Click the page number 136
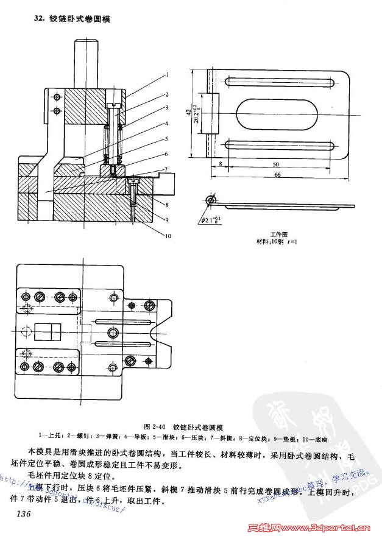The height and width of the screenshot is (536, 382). point(24,515)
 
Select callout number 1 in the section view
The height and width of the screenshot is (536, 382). point(165,76)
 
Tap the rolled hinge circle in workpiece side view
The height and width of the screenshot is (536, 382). point(211,199)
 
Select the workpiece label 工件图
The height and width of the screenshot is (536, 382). point(278,234)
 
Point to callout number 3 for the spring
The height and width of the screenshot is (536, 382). point(165,108)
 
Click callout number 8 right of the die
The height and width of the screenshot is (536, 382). point(165,203)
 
